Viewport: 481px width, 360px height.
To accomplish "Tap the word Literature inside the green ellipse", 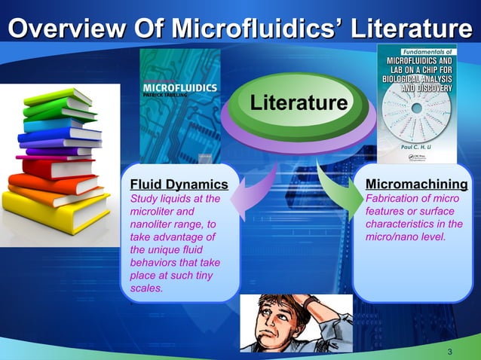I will tap(299, 102).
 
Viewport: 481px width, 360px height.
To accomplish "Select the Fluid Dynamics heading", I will tap(179, 185).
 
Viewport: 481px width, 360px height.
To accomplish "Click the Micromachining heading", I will tap(416, 185).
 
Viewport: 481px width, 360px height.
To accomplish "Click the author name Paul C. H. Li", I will tap(416, 148).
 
